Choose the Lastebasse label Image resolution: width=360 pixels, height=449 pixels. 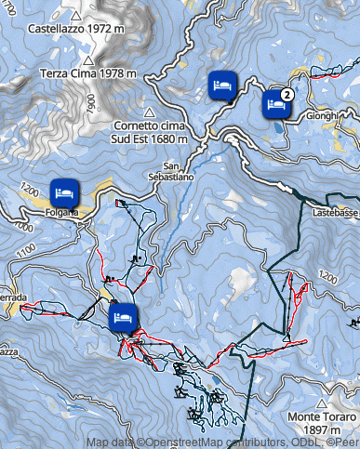pos(335,212)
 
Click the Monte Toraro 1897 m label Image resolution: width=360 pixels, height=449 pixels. pos(322,425)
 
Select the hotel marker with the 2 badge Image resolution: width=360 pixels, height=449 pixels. pos(275,104)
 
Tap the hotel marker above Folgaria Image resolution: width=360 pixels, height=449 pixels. pos(63,191)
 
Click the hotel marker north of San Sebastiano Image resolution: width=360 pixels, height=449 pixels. pos(221,86)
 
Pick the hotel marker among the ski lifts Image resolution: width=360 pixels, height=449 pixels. pos(122,318)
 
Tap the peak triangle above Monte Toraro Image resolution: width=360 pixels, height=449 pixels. pos(322,404)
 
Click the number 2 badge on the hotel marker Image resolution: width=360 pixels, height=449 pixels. pos(287,94)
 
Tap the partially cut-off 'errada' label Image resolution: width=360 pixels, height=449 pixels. pos(14,299)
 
